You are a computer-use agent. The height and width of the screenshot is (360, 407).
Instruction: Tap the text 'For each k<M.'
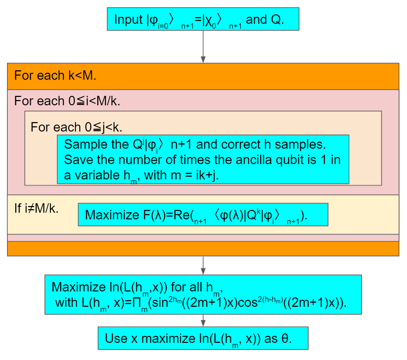(55, 76)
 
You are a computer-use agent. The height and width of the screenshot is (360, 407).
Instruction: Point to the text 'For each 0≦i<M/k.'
(68, 101)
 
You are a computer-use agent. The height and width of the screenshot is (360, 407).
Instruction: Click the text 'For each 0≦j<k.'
(76, 127)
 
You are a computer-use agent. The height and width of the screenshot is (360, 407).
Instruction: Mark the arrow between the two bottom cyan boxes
(203, 320)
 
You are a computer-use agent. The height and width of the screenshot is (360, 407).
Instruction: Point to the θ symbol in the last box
(285, 338)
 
